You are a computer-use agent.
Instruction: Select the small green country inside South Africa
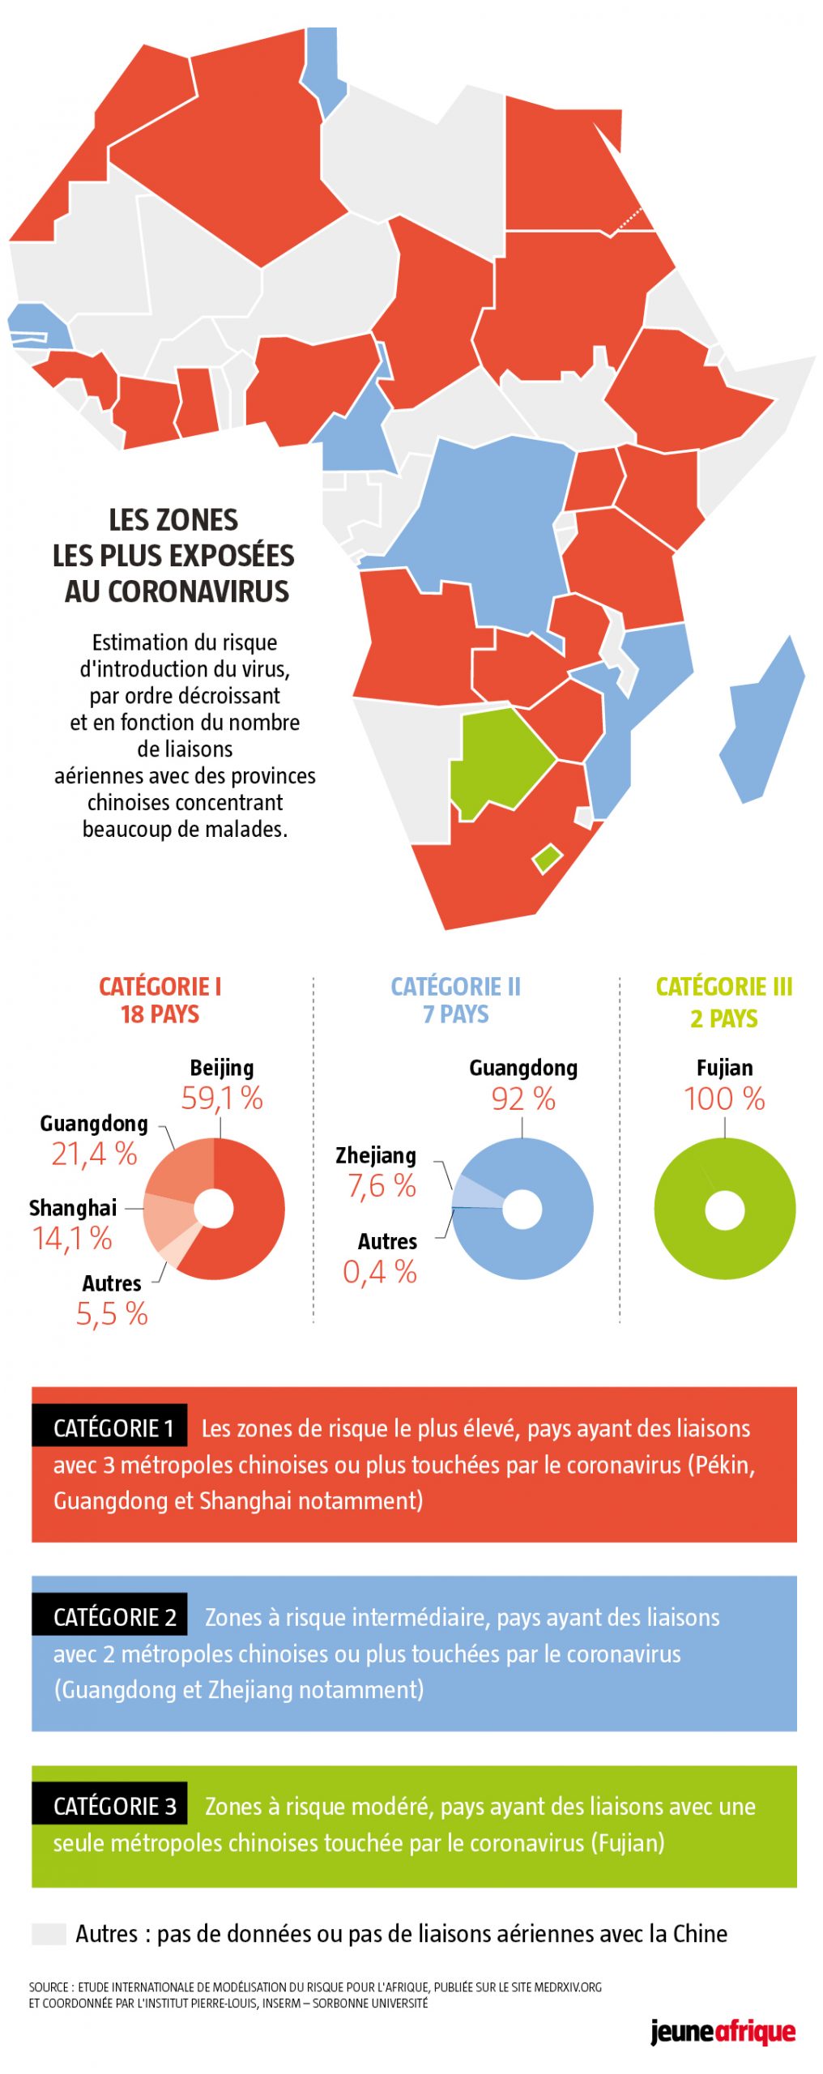[547, 857]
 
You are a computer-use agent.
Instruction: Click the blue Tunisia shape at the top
[323, 69]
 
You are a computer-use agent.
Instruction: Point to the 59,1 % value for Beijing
[221, 1098]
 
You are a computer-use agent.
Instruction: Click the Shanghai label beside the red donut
[73, 1207]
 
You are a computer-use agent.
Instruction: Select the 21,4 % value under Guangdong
[94, 1154]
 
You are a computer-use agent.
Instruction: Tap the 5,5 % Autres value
[112, 1313]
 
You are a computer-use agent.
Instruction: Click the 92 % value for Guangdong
[522, 1099]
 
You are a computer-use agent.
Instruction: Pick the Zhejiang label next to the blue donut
[376, 1155]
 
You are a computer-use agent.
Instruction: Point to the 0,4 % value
[379, 1272]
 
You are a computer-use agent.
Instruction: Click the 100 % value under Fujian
[723, 1099]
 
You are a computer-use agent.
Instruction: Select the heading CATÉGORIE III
[723, 986]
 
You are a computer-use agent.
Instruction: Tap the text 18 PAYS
[160, 1014]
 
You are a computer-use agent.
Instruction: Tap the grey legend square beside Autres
[49, 1933]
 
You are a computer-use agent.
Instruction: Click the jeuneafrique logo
[722, 2032]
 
